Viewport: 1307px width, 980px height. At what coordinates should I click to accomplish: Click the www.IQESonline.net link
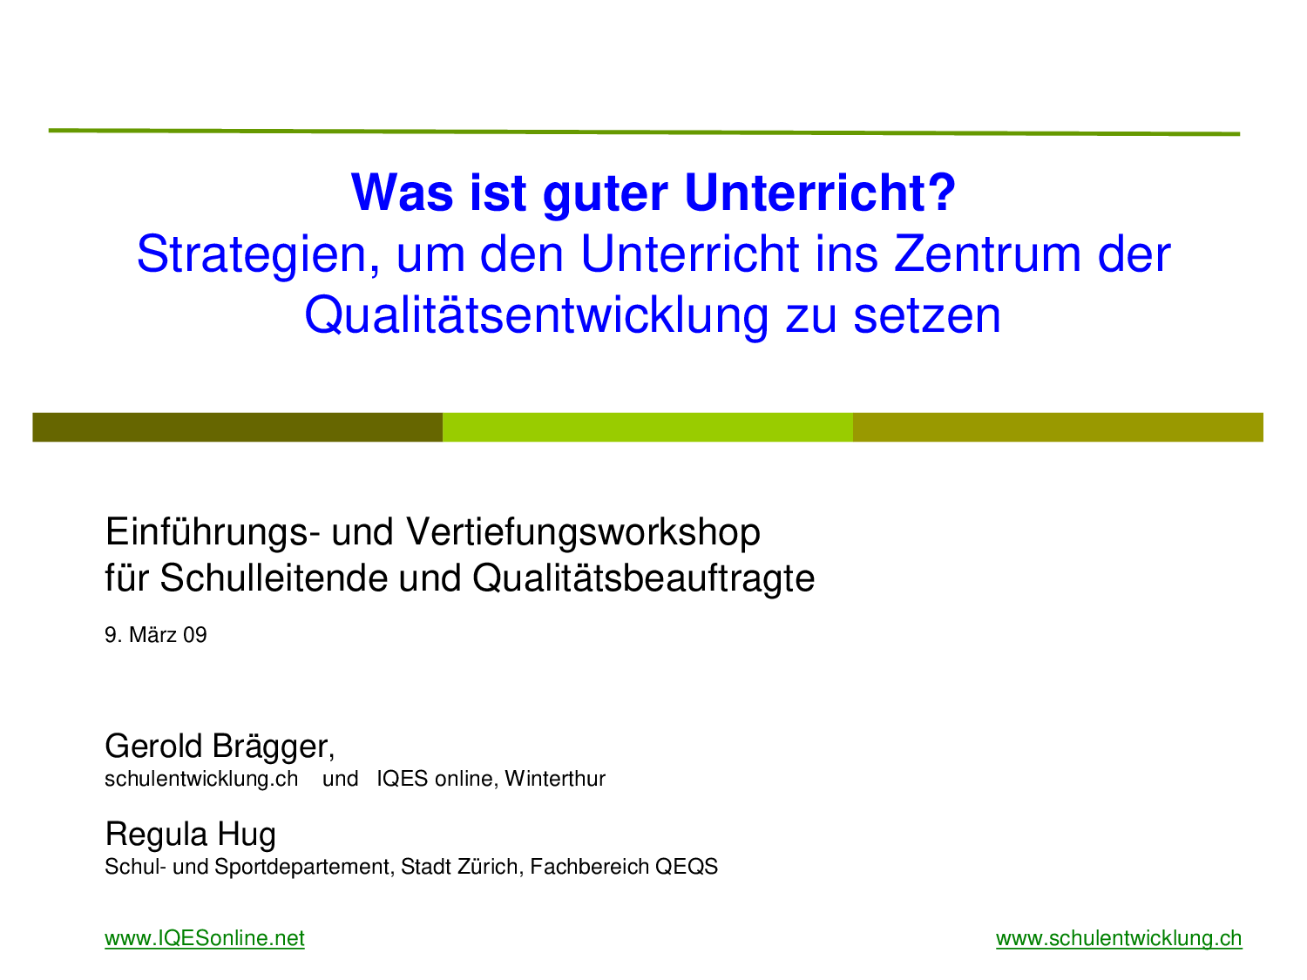(204, 938)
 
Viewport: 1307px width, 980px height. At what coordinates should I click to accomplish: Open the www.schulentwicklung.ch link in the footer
(1119, 938)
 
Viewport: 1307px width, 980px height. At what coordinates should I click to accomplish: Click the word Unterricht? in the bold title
(820, 193)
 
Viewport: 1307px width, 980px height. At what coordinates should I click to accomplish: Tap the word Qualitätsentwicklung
(537, 317)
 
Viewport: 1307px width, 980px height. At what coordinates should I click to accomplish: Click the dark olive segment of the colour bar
(238, 427)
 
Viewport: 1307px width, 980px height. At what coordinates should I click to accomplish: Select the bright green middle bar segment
(648, 427)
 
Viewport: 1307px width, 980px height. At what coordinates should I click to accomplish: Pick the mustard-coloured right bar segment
(1058, 427)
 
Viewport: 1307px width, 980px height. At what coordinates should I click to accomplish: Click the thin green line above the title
(644, 132)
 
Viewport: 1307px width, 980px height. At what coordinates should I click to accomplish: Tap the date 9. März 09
(155, 636)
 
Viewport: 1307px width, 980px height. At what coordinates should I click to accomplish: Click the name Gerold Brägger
(220, 747)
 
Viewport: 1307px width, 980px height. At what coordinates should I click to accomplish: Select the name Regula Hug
(191, 835)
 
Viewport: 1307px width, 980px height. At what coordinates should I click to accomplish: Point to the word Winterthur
(555, 779)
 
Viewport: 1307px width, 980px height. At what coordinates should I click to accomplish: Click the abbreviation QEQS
(687, 867)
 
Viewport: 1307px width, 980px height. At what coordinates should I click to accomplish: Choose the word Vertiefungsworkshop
(583, 531)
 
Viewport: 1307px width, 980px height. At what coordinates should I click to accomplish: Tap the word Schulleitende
(274, 578)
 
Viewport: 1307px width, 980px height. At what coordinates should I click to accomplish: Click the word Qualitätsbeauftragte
(644, 579)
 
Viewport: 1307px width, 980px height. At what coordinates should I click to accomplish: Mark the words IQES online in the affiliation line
(437, 779)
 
